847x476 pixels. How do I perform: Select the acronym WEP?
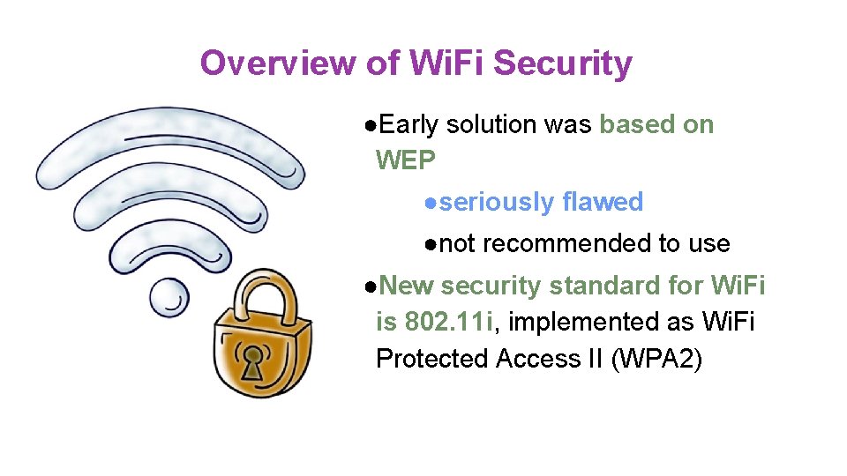405,160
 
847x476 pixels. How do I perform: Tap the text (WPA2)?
656,359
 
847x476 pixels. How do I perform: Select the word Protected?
432,359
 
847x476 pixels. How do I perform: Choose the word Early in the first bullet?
409,125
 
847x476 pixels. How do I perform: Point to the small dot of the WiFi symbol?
168,297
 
